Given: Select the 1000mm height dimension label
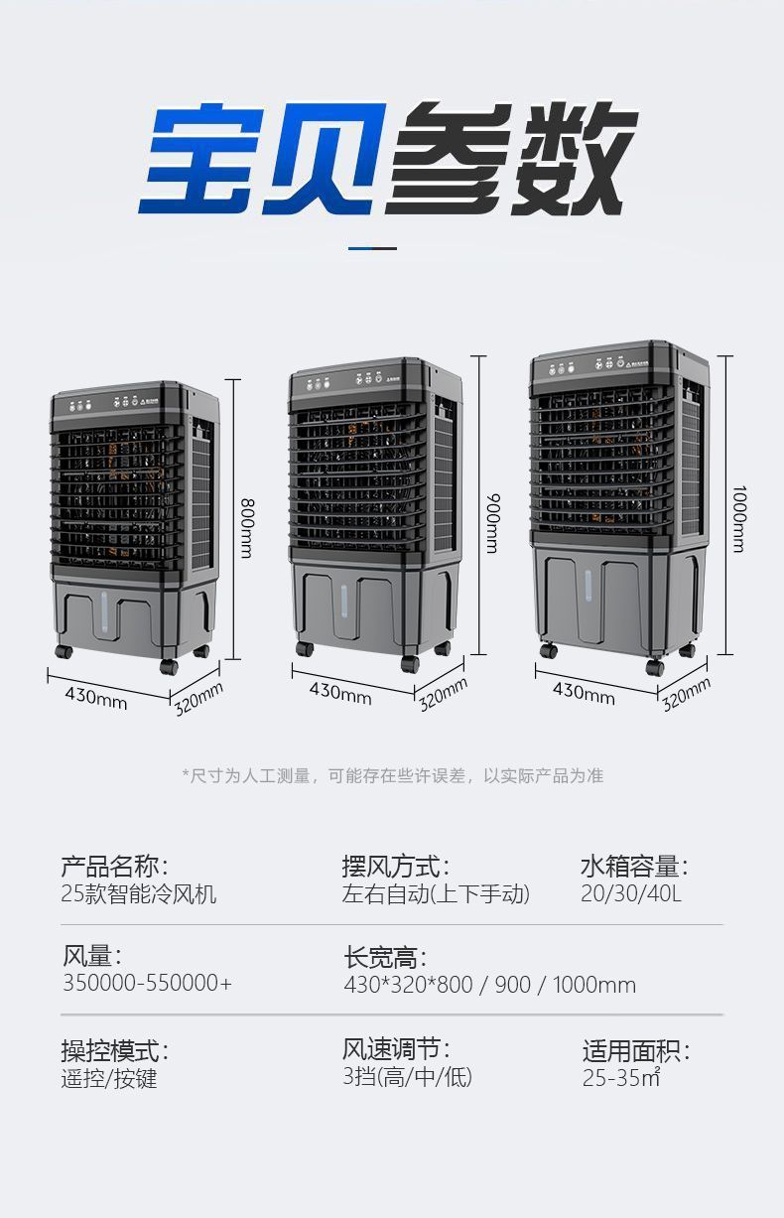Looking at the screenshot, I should coord(738,518).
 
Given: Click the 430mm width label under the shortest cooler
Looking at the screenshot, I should coord(96,696).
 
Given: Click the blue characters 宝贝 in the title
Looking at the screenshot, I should coord(260,159).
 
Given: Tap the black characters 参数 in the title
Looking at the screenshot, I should coord(511,159).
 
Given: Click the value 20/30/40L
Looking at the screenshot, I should coord(631,893).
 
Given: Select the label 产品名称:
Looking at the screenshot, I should coord(115,866).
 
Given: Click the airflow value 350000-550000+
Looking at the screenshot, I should coord(147,983).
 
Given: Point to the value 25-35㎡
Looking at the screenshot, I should coord(621,1078).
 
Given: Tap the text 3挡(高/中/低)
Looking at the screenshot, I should coord(407,1076).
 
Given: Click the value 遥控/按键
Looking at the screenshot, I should coord(109,1078).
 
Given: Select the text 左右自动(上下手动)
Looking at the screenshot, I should coord(436,893).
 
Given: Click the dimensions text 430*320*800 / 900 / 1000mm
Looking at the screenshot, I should coord(489,985).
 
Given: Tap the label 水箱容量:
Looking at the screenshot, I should coord(633,866).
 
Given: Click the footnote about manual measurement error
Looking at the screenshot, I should coord(392,775).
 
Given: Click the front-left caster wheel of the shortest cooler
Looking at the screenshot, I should coord(64,653).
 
